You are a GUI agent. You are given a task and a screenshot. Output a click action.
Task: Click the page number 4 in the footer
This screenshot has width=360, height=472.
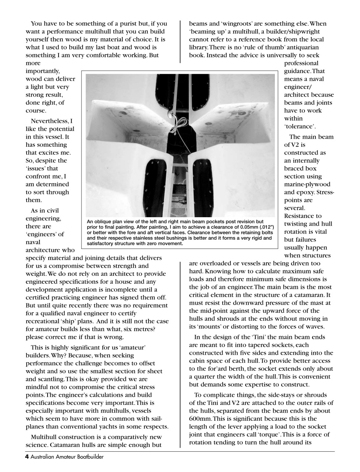tap(27, 457)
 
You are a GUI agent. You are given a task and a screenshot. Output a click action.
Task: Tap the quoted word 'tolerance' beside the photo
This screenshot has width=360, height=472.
tap(300, 126)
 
